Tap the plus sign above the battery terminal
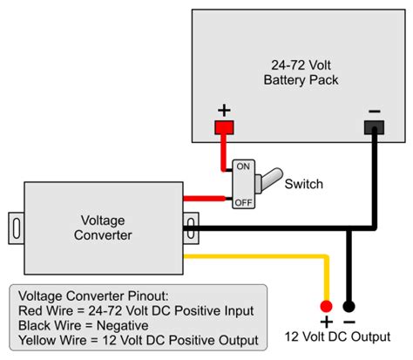point(224,111)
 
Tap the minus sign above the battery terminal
point(374,111)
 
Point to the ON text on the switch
point(242,166)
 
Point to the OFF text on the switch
point(242,203)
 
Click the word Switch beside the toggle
point(303,184)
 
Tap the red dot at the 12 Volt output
point(326,306)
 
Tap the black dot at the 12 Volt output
point(349,306)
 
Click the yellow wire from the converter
point(261,256)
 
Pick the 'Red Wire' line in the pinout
point(135,310)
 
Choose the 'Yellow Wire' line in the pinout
point(138,340)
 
